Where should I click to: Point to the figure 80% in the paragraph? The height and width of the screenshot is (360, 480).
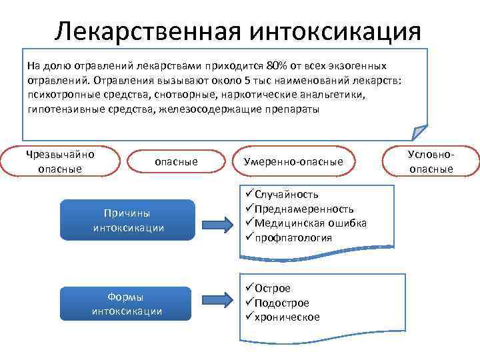pyautogui.click(x=275, y=66)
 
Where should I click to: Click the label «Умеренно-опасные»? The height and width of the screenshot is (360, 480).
pyautogui.click(x=293, y=162)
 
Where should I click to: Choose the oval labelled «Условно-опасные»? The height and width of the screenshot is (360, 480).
pyautogui.click(x=431, y=162)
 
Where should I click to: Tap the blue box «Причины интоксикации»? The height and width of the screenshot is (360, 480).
pyautogui.click(x=127, y=220)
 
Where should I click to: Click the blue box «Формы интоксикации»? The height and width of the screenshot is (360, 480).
pyautogui.click(x=127, y=304)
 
